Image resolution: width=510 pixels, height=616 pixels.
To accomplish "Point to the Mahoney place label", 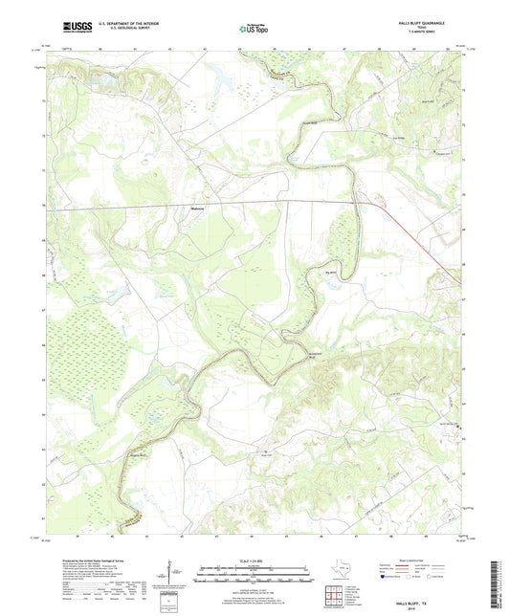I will tap(199, 205).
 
